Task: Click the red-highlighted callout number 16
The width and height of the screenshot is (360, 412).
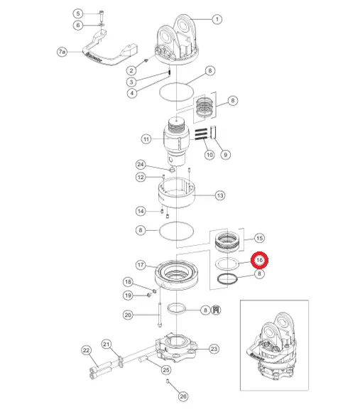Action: pos(259,260)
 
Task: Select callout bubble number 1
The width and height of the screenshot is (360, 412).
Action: pos(217,19)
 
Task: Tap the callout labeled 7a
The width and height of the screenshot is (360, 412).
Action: pos(62,51)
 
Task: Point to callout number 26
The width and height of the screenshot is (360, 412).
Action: pos(183,396)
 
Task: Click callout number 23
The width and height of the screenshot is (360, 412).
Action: pos(214,349)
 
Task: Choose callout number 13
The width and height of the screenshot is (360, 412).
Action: pos(220,195)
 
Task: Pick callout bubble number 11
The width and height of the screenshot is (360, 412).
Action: pos(146,139)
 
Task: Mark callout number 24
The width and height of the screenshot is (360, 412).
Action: pos(141,165)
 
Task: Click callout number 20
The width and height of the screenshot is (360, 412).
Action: pos(128,315)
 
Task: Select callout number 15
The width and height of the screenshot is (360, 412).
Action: pos(259,238)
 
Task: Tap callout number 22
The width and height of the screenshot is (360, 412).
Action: pos(87,350)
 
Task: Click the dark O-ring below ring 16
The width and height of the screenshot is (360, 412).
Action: pos(227,278)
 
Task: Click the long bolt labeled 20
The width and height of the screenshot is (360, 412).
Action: pos(160,315)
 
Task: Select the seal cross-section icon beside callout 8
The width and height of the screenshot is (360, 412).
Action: pos(216,310)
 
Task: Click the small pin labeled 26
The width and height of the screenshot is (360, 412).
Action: pos(168,381)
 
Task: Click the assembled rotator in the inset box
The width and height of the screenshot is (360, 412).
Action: pos(271,347)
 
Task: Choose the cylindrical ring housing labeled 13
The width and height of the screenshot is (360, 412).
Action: pos(177,193)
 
